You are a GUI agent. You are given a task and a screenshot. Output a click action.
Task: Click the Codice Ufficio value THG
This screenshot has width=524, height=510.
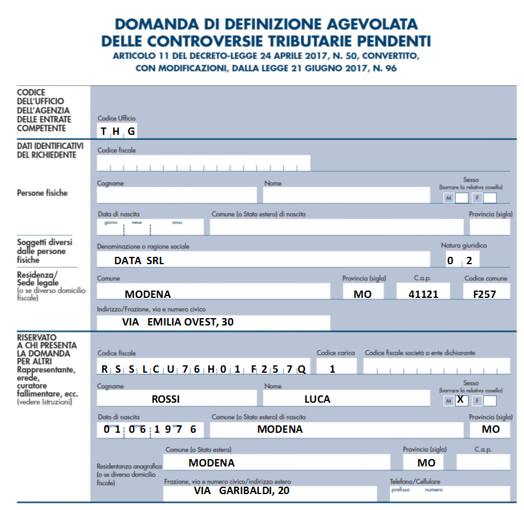click(118, 131)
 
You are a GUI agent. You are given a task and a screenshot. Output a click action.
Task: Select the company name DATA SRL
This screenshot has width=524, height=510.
click(139, 261)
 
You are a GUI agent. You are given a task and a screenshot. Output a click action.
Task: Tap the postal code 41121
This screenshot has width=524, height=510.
click(423, 294)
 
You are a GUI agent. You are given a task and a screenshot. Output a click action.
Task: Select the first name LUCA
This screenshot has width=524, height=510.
click(317, 399)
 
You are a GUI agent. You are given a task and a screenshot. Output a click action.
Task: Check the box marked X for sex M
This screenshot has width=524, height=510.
click(461, 400)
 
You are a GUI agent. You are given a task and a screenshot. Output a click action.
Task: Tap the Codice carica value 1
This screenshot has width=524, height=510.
click(332, 369)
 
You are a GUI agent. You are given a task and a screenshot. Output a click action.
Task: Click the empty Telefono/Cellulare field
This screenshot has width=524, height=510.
click(449, 493)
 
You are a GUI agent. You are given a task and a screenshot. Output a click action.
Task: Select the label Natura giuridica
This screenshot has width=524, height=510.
click(463, 245)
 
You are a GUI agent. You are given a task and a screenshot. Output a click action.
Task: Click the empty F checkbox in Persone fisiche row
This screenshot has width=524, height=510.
click(490, 198)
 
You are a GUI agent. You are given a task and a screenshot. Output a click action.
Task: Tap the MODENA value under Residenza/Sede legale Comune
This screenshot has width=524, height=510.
click(148, 294)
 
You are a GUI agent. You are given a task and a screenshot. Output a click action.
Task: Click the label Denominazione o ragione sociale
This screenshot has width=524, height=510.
click(143, 246)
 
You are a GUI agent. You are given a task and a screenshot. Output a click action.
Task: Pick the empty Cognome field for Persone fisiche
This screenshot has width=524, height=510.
click(177, 195)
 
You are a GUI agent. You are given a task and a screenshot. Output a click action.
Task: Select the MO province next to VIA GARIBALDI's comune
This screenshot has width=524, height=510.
click(426, 462)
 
